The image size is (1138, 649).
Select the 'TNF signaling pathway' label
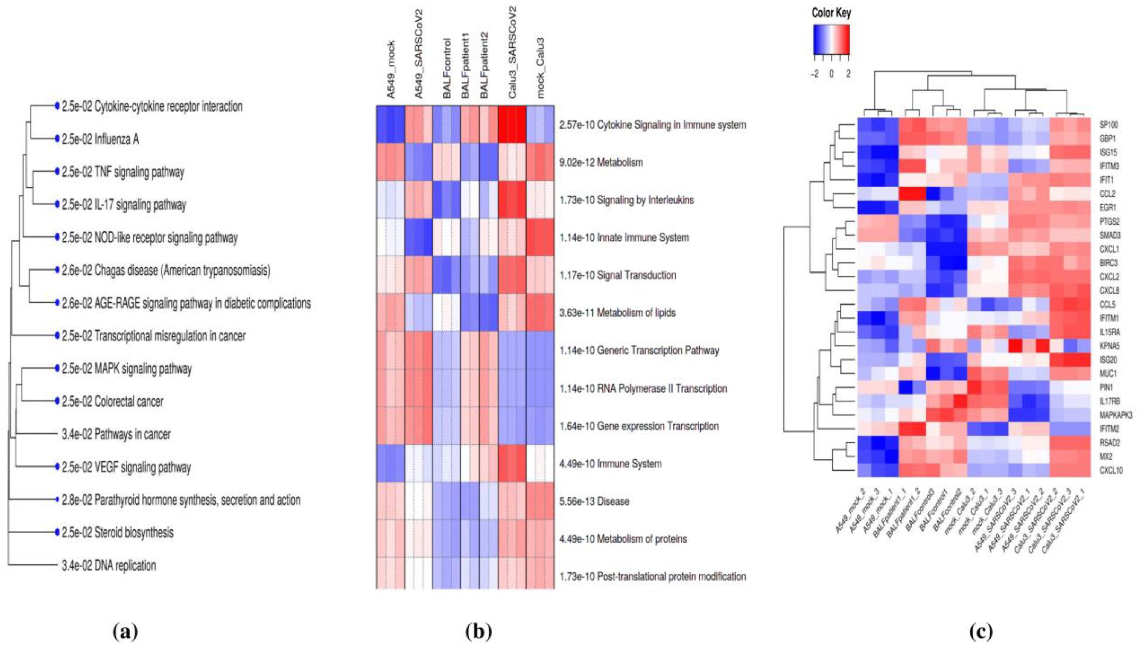coord(139,172)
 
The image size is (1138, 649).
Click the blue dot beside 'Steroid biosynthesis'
coord(57,533)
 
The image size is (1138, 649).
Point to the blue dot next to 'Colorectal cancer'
coord(57,401)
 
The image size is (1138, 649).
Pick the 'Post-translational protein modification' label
coord(671,576)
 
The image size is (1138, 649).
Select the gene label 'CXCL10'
coord(1111,470)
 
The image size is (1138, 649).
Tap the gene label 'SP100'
coord(1109,125)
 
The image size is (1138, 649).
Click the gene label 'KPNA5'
coord(1110,346)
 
